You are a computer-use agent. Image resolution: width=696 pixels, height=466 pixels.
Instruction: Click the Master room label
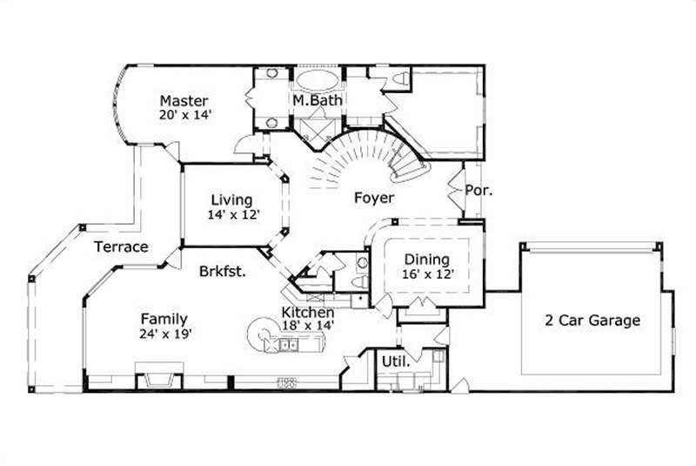coord(184,100)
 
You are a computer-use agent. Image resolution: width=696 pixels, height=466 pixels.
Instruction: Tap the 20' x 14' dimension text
coord(186,114)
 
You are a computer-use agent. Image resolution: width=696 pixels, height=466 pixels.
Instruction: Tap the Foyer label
coord(373,198)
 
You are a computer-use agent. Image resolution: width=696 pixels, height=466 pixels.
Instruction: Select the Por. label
coord(479,189)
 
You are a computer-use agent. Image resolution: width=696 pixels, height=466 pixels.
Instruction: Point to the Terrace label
coord(121,247)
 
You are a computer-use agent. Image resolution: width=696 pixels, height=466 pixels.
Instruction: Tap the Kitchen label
coord(307,312)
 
